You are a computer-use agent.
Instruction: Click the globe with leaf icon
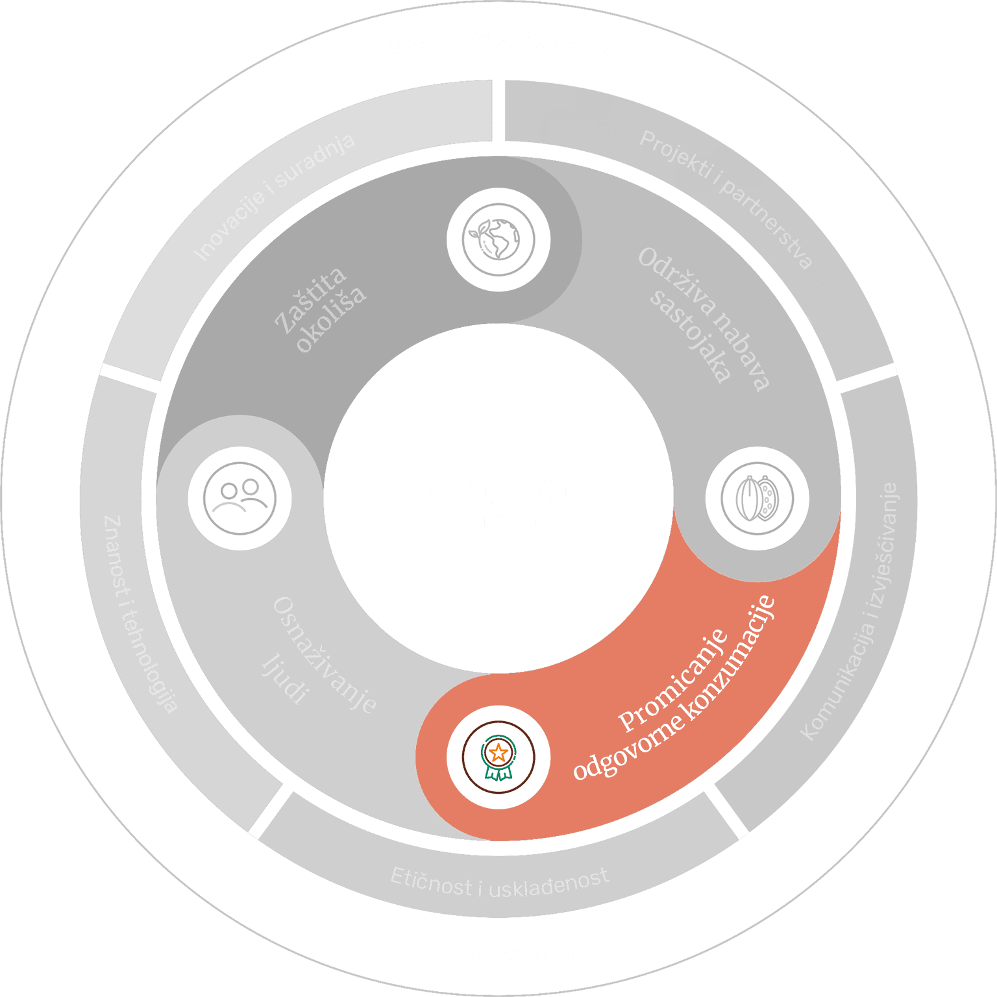(x=498, y=239)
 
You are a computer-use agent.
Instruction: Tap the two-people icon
(x=240, y=498)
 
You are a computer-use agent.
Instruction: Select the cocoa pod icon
(x=757, y=498)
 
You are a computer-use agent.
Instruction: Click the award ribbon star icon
(x=498, y=757)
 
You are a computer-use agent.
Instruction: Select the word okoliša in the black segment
(x=331, y=319)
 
